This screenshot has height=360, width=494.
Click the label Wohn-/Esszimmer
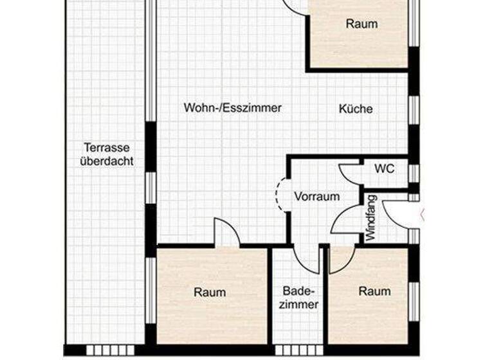coord(232,108)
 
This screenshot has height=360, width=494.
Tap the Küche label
coord(356,109)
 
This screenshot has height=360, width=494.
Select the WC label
coord(385,169)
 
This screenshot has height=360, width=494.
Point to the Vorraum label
coord(316,197)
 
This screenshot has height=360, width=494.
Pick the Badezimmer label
coord(298,298)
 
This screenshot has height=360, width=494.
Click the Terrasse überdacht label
coord(107,154)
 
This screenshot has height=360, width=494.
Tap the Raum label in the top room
coord(361,24)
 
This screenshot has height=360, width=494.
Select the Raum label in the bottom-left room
coord(210,292)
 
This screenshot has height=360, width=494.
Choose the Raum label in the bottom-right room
coord(374,291)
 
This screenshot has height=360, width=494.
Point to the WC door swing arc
coord(350,174)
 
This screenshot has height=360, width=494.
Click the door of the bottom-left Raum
coord(226,233)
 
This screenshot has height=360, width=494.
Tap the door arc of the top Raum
coord(295,6)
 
